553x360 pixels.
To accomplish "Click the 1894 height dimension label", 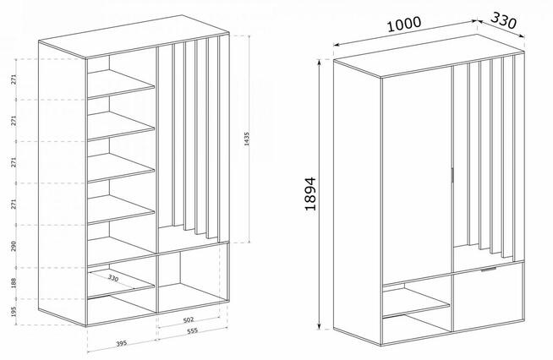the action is (310, 194).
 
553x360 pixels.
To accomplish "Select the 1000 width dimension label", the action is (404, 24).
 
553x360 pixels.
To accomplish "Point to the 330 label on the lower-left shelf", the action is (113, 278).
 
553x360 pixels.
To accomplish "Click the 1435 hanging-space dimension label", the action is (247, 139).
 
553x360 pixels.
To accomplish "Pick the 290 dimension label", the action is (14, 246).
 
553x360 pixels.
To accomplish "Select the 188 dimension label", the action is (14, 283).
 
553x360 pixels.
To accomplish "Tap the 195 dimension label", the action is (14, 311).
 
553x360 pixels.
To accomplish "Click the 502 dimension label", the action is (189, 319).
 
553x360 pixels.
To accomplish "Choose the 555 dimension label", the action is (193, 330).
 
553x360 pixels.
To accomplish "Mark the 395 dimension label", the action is (121, 343).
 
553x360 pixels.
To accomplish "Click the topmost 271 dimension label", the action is (14, 79).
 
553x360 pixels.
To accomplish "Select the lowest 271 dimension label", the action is (14, 204).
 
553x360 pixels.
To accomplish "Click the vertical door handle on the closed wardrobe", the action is (452, 175).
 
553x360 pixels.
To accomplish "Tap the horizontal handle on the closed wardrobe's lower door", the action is (489, 270).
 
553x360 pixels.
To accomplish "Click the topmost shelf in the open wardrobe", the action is (121, 84).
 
